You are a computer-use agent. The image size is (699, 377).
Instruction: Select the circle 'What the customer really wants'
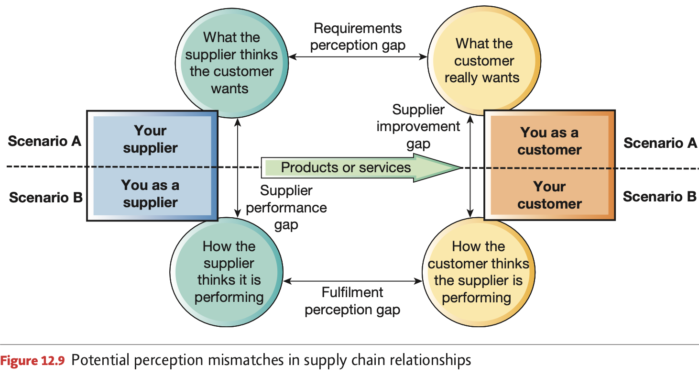click(x=483, y=61)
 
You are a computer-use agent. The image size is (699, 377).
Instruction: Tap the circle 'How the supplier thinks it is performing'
click(x=229, y=272)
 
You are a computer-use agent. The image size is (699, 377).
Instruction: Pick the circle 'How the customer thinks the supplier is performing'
click(x=478, y=272)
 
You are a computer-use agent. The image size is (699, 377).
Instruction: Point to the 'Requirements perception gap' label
click(x=358, y=37)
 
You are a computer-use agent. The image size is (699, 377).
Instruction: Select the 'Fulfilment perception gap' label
click(x=352, y=301)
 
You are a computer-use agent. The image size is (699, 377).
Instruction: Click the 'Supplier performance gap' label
click(x=286, y=208)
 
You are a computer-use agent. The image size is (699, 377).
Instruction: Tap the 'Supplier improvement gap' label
click(x=418, y=127)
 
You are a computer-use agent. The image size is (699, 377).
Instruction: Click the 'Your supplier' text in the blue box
click(x=150, y=139)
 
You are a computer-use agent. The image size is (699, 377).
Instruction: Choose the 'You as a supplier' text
click(x=150, y=193)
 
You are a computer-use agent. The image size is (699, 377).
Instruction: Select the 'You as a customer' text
click(x=549, y=141)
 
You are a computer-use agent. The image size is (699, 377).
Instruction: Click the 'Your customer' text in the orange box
click(x=549, y=195)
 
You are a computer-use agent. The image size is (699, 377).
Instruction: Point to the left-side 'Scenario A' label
click(x=44, y=141)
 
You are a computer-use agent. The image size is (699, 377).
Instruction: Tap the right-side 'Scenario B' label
click(x=659, y=197)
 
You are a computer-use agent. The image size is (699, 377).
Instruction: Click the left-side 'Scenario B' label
click(x=45, y=197)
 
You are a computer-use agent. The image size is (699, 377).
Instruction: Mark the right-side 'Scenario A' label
click(x=660, y=143)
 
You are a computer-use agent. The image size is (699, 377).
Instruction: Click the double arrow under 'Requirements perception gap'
click(x=358, y=57)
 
